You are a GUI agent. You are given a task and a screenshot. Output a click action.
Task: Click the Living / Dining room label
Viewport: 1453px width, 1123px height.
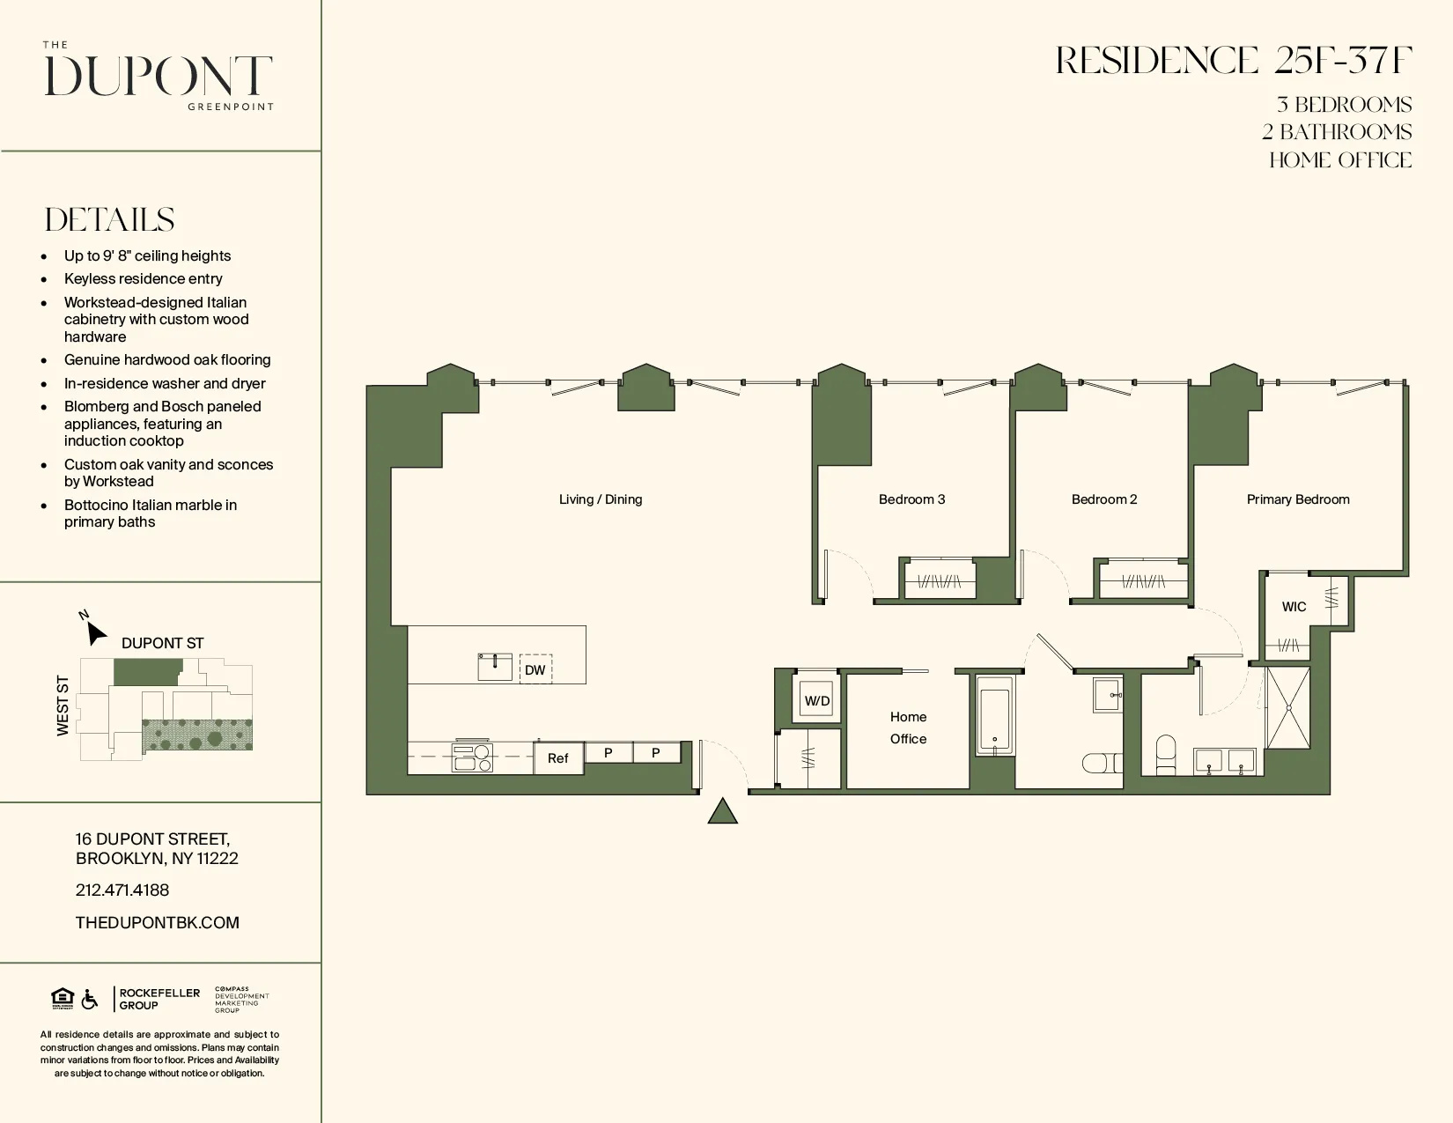click(601, 499)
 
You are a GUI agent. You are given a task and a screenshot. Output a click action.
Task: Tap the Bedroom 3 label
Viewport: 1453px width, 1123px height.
click(911, 499)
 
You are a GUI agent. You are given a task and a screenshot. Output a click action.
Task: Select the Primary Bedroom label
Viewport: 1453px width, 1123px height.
click(1297, 499)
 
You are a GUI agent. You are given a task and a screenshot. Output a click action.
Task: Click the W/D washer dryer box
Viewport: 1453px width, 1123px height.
click(816, 700)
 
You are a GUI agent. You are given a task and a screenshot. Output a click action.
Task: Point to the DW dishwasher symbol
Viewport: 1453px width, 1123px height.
click(535, 669)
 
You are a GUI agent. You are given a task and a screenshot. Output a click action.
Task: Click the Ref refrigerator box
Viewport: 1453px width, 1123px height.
click(558, 758)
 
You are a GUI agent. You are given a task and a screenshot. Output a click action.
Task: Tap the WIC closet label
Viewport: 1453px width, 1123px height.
click(1294, 607)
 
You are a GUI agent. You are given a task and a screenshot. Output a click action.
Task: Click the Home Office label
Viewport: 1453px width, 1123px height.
click(908, 728)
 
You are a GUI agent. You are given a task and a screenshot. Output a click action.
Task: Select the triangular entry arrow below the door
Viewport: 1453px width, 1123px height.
click(722, 811)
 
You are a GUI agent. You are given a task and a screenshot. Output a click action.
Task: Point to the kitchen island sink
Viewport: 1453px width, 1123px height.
click(495, 667)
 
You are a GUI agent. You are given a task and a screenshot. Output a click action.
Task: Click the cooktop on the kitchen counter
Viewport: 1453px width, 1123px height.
click(472, 757)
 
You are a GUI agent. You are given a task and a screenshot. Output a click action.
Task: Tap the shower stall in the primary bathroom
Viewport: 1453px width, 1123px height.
click(1288, 706)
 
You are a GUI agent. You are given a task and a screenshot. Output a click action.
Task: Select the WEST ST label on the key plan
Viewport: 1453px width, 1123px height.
click(63, 706)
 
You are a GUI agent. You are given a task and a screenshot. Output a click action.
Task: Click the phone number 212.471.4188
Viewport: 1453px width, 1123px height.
click(122, 890)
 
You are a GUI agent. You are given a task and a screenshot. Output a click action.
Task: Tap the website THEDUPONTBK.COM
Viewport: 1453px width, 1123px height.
click(158, 922)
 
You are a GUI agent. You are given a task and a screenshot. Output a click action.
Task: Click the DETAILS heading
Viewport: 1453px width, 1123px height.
click(110, 220)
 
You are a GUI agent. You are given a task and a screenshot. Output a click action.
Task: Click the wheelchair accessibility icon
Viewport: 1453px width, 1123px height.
click(90, 1000)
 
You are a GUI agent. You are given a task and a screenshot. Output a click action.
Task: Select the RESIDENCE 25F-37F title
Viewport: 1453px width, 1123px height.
click(1234, 61)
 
